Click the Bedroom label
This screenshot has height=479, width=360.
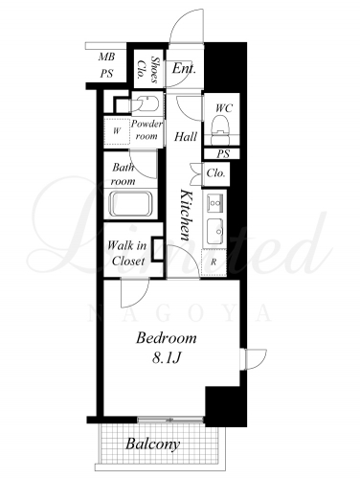(x=167, y=338)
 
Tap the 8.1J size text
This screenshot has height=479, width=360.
(x=167, y=358)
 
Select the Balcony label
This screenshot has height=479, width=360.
(x=152, y=445)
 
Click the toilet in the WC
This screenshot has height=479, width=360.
(x=222, y=125)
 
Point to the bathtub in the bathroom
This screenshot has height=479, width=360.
(x=131, y=204)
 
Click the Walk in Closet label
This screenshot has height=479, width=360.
(x=127, y=253)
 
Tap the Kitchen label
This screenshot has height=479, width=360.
(x=186, y=215)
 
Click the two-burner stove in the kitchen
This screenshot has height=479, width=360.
(x=214, y=202)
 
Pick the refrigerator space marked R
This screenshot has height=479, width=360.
(x=214, y=262)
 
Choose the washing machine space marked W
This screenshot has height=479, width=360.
(x=117, y=131)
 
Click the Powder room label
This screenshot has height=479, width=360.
(x=146, y=129)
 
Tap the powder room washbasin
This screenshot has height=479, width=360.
(x=146, y=103)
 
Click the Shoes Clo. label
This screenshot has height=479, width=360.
(x=147, y=70)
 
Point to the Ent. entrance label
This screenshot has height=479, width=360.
(x=184, y=68)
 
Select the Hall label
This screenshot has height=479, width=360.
(x=186, y=137)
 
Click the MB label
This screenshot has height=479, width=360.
(x=106, y=57)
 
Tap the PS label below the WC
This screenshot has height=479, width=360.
(x=223, y=154)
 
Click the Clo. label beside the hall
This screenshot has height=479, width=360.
(x=215, y=173)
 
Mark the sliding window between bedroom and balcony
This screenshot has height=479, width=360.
(x=170, y=420)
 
